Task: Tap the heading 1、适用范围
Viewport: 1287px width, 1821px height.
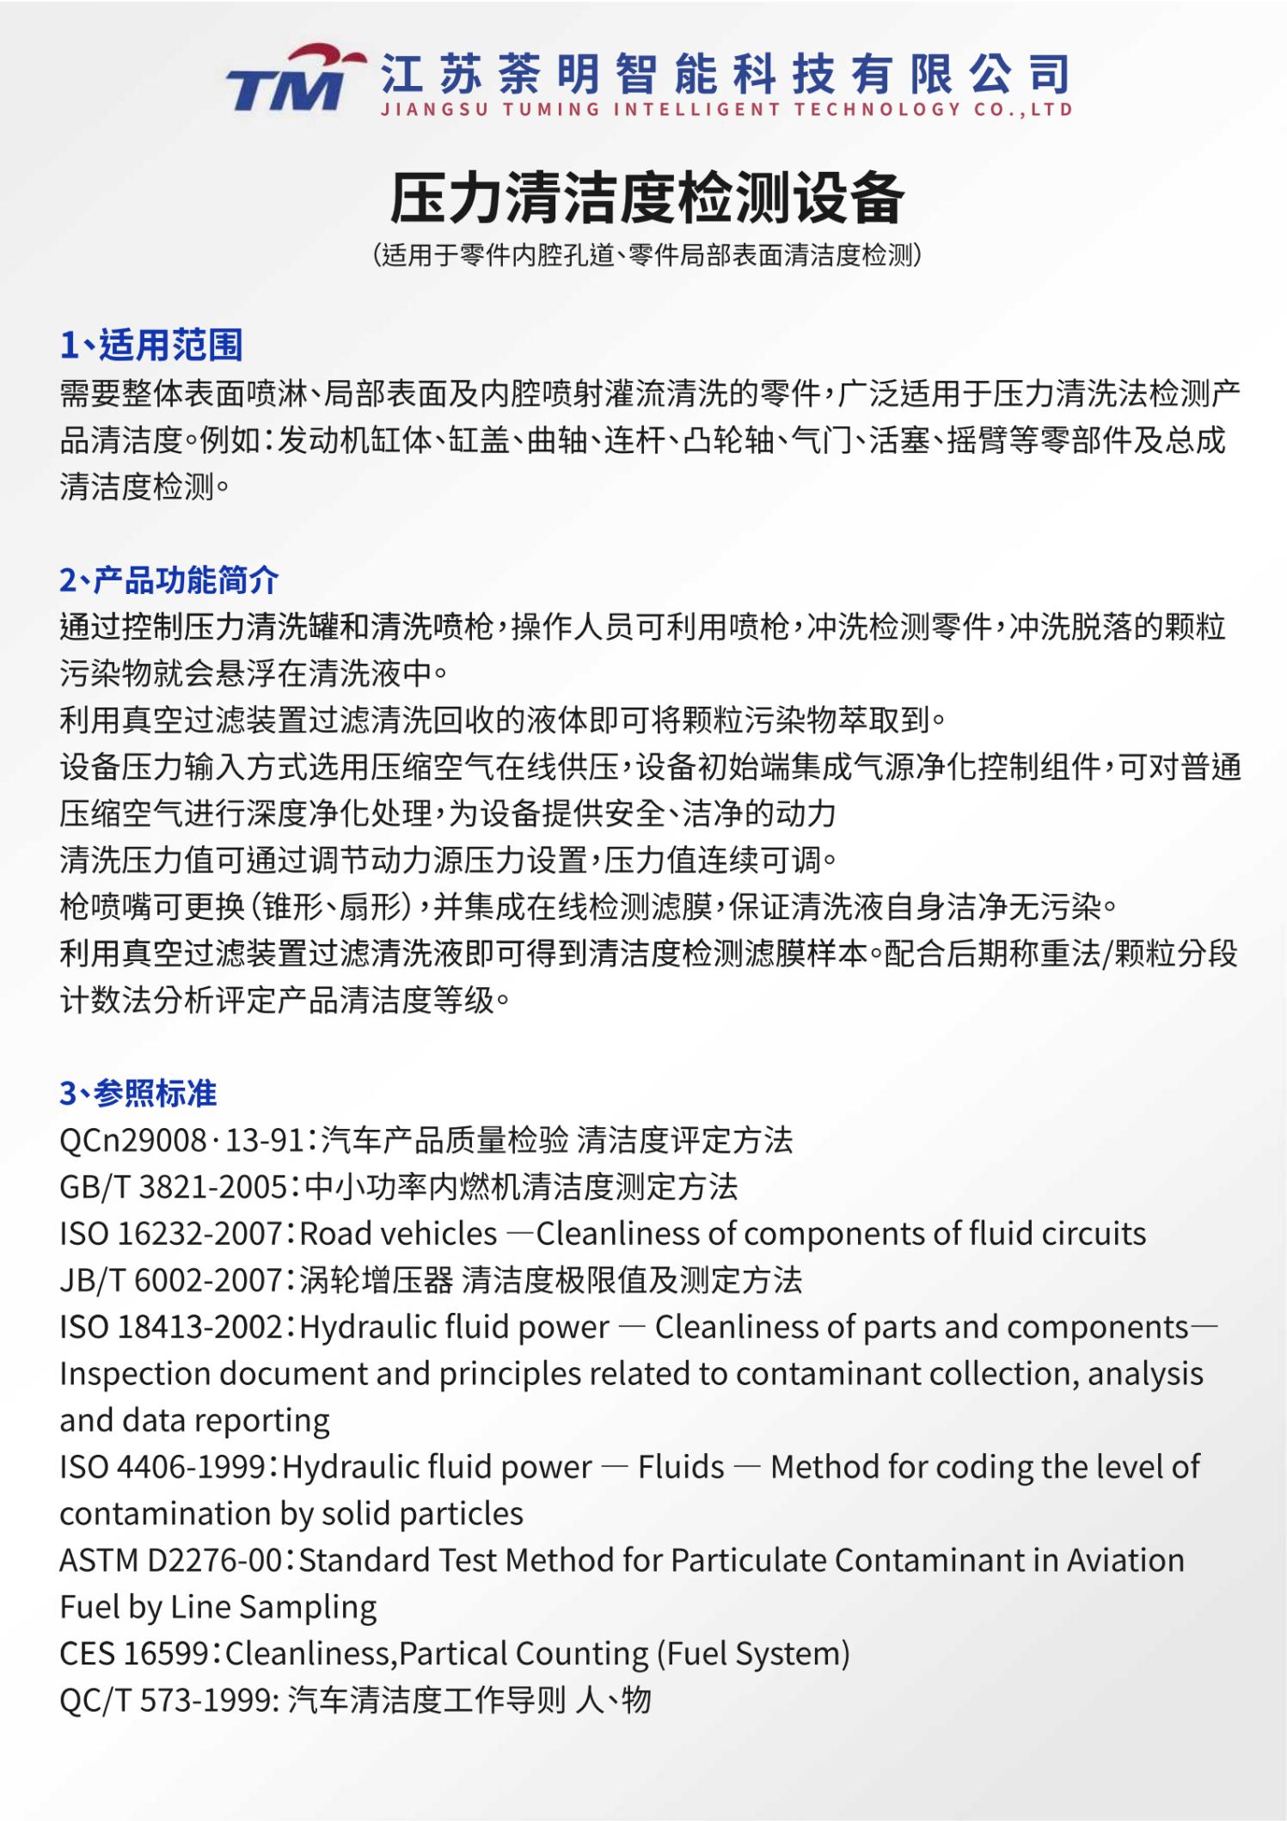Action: pyautogui.click(x=151, y=345)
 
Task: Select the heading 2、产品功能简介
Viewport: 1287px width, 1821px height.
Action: pyautogui.click(x=169, y=580)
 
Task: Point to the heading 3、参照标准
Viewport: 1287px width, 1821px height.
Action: pyautogui.click(x=138, y=1093)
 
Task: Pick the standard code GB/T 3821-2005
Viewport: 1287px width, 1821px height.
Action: pyautogui.click(x=173, y=1187)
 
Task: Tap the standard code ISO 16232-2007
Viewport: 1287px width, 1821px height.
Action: pyautogui.click(x=170, y=1234)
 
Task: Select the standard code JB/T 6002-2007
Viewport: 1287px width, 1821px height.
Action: pyautogui.click(x=170, y=1280)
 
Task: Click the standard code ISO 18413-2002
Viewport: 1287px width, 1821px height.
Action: pyautogui.click(x=170, y=1327)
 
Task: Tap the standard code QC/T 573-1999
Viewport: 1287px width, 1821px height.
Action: pyautogui.click(x=164, y=1700)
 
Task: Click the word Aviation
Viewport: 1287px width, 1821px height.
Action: pyautogui.click(x=1125, y=1560)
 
